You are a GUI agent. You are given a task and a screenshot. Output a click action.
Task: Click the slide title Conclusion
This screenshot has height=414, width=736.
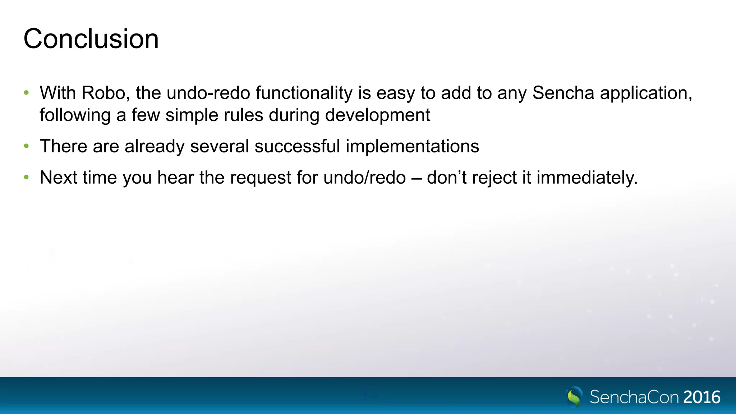coord(91,39)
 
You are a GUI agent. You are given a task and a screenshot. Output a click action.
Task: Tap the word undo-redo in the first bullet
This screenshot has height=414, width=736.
coord(208,93)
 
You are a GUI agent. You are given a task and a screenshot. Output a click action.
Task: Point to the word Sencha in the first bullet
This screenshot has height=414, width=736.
coord(563,93)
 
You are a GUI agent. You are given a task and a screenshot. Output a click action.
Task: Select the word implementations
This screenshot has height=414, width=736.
coord(412,147)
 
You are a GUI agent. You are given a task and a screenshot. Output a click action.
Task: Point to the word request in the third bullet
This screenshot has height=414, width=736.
coord(261,178)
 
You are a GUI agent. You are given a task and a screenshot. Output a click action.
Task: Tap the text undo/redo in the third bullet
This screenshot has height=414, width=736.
coord(364,178)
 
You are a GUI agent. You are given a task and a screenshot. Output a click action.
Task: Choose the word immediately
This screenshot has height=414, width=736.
coord(586,178)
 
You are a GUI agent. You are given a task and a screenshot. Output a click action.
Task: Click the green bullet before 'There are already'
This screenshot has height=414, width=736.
coord(26,146)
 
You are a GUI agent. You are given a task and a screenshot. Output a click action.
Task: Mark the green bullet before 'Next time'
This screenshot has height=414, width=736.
coord(26,178)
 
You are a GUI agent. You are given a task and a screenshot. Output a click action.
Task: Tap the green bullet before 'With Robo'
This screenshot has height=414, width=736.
coord(26,93)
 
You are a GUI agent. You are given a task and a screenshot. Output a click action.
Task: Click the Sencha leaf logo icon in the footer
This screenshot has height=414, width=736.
coord(574,397)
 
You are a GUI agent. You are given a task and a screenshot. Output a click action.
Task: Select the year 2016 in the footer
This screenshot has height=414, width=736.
coord(701,397)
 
